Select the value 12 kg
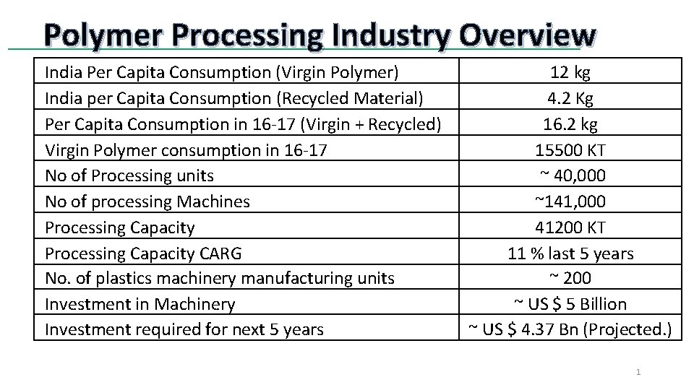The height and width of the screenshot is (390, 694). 570,72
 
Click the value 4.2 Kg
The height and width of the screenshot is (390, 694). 570,98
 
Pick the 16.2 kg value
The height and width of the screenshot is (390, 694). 570,124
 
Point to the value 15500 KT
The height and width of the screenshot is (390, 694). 570,150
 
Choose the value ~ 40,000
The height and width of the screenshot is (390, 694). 572,175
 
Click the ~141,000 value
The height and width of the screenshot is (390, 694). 570,201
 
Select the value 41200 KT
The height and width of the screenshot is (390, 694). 570,227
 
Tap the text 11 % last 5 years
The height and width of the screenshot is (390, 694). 570,253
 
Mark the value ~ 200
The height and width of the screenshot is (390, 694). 570,278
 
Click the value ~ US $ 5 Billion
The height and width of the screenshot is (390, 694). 570,304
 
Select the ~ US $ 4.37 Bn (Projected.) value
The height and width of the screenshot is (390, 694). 570,330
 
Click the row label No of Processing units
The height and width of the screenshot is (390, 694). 129,175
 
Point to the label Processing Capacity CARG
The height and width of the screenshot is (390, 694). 143,253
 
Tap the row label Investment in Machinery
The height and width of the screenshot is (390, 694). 140,304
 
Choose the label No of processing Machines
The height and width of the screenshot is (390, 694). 147,201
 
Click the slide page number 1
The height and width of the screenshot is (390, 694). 638,372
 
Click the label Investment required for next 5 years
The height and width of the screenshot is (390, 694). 184,330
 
